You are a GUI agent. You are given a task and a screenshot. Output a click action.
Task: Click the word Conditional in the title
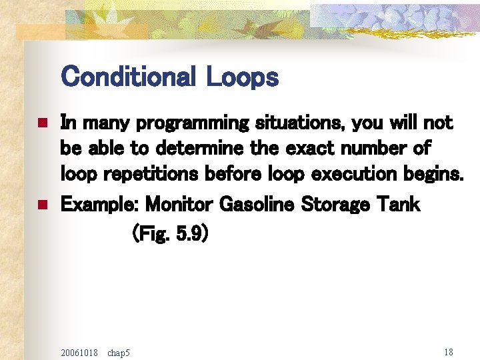[x=129, y=77]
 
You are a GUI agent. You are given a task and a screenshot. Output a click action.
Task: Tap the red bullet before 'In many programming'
[x=41, y=123]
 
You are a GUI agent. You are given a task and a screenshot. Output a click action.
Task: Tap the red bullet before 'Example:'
[x=41, y=205]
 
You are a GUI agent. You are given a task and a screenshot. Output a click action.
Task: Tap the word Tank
[x=400, y=204]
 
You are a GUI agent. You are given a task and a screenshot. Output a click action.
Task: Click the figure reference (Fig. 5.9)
[x=171, y=235]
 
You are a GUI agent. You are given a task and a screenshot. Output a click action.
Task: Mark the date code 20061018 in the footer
[x=79, y=351]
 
